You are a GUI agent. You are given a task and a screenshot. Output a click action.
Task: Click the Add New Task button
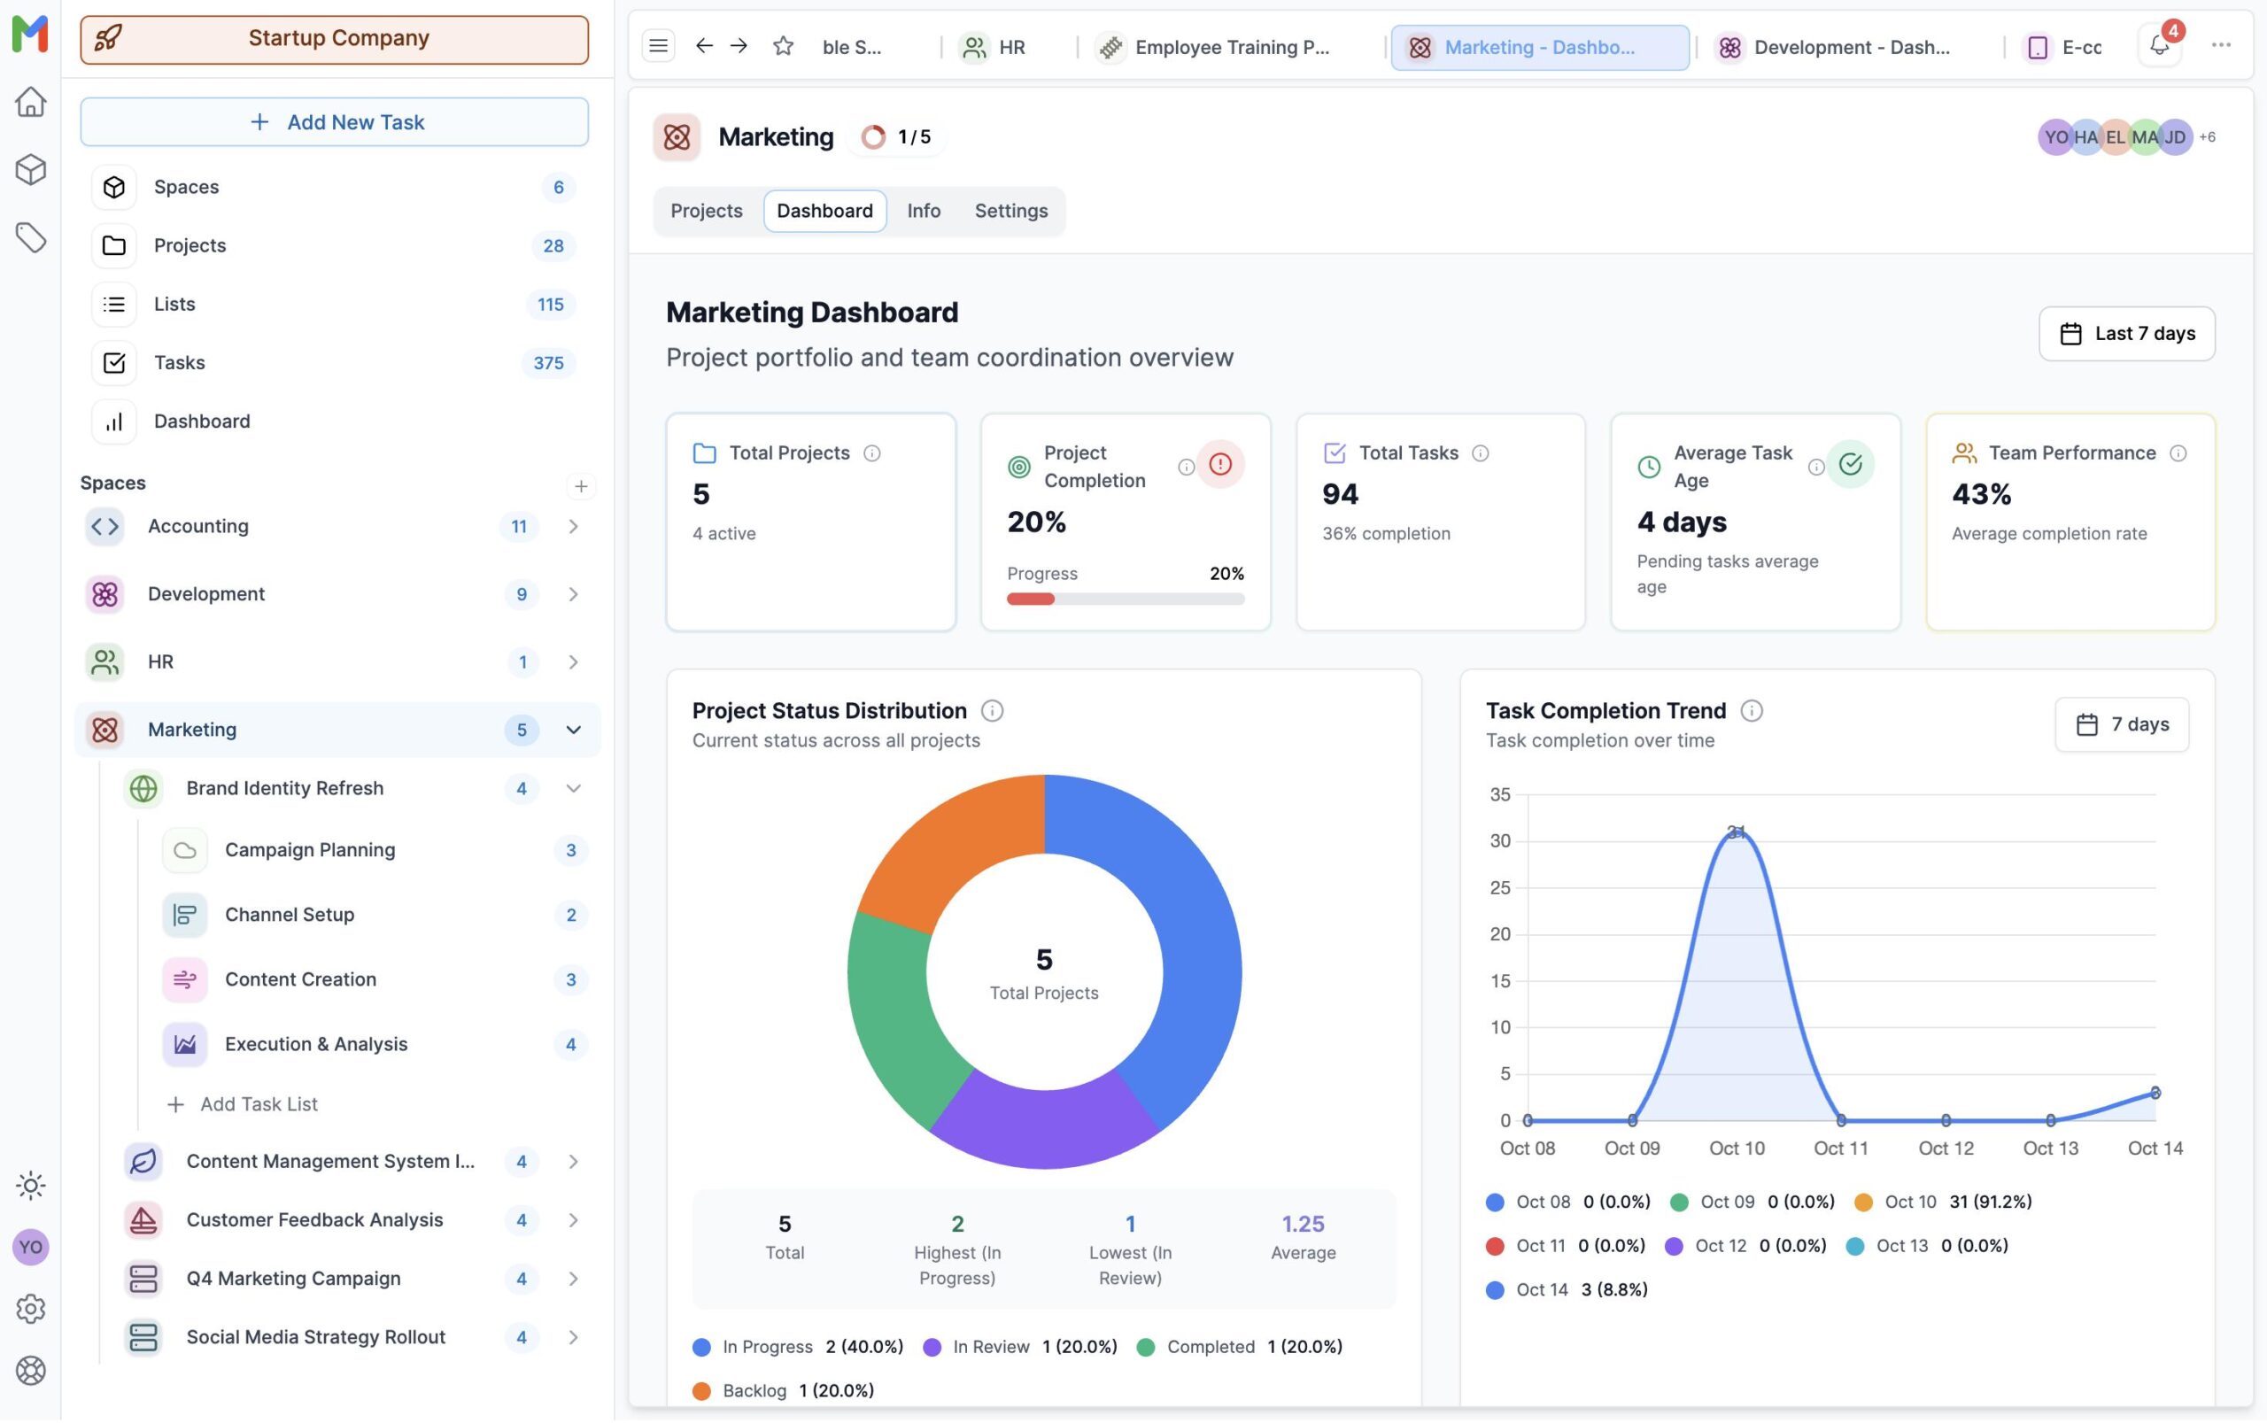click(x=334, y=121)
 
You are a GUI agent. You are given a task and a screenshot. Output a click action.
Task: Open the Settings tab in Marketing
click(x=1010, y=211)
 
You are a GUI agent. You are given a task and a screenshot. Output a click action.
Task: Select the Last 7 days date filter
click(x=2126, y=333)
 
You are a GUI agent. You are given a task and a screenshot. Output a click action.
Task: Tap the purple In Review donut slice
click(x=1045, y=1125)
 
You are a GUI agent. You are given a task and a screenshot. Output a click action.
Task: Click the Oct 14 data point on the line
click(x=2155, y=1093)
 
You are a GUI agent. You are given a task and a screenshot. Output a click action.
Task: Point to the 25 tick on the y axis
click(x=1499, y=887)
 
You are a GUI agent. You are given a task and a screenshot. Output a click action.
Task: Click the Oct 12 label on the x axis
click(x=1946, y=1148)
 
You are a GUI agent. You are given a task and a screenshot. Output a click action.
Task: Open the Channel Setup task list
click(x=289, y=915)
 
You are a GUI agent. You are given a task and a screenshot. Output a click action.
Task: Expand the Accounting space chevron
click(x=573, y=526)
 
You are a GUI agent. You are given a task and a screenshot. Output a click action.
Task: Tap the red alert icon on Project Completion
click(x=1219, y=464)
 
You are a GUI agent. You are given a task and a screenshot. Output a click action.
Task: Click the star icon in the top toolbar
click(x=783, y=45)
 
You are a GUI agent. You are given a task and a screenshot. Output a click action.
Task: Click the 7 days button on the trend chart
click(x=2121, y=724)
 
